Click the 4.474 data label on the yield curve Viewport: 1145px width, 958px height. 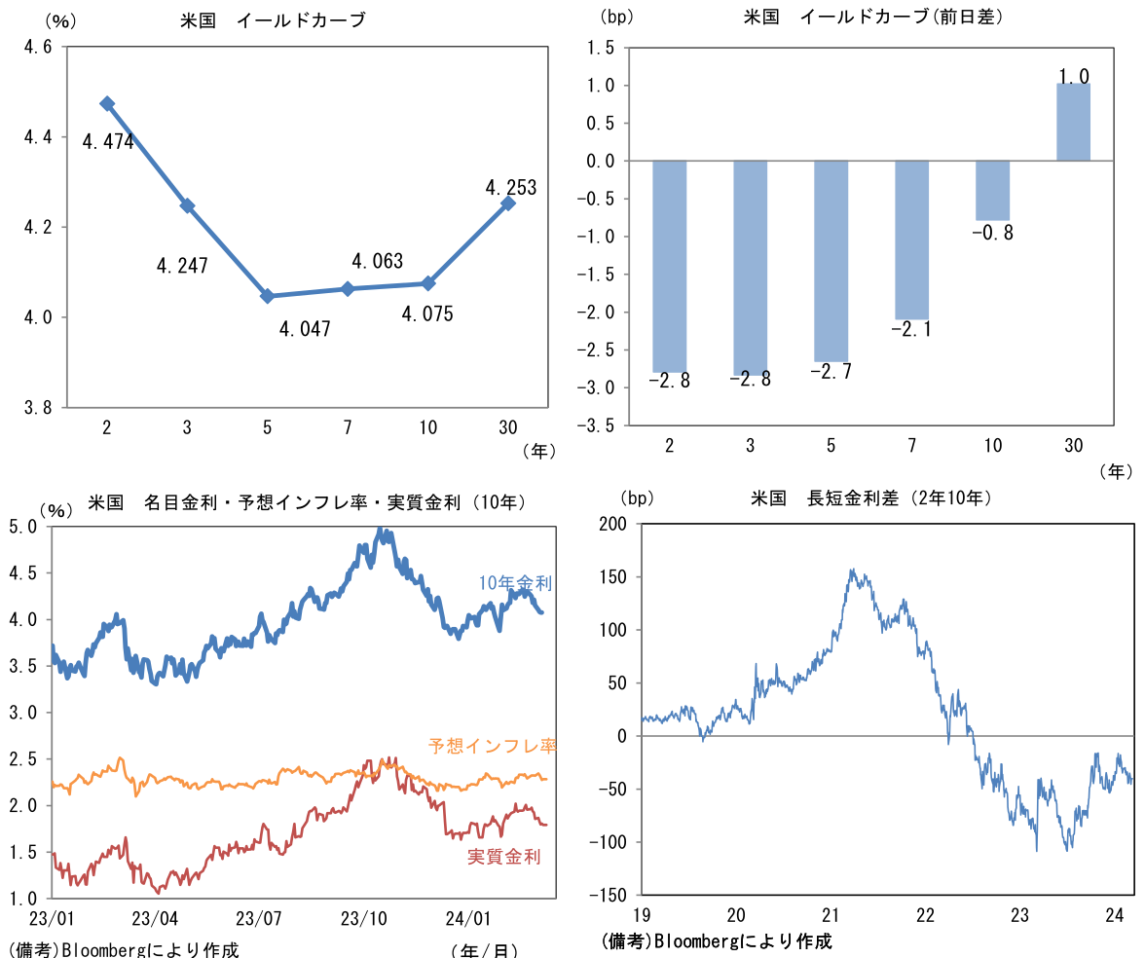108,142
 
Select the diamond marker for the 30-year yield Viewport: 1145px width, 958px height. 508,203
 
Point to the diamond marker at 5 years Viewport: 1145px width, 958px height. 267,296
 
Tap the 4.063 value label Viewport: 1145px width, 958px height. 377,261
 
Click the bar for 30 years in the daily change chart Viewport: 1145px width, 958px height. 1073,122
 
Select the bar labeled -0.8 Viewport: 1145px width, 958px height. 992,190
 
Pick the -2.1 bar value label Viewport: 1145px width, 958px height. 911,329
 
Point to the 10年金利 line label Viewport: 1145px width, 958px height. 515,583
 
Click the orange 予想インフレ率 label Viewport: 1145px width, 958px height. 492,746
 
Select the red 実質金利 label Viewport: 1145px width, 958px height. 503,856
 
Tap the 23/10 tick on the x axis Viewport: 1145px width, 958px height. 362,918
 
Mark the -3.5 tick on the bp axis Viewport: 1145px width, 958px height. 598,425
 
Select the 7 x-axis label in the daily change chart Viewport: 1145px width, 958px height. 911,446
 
